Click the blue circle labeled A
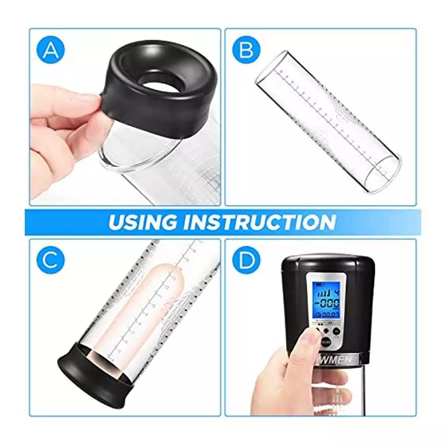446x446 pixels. (x=52, y=50)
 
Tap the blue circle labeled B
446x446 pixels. (x=246, y=50)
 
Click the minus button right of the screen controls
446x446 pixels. (x=336, y=331)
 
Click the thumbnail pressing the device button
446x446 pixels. (x=312, y=337)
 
